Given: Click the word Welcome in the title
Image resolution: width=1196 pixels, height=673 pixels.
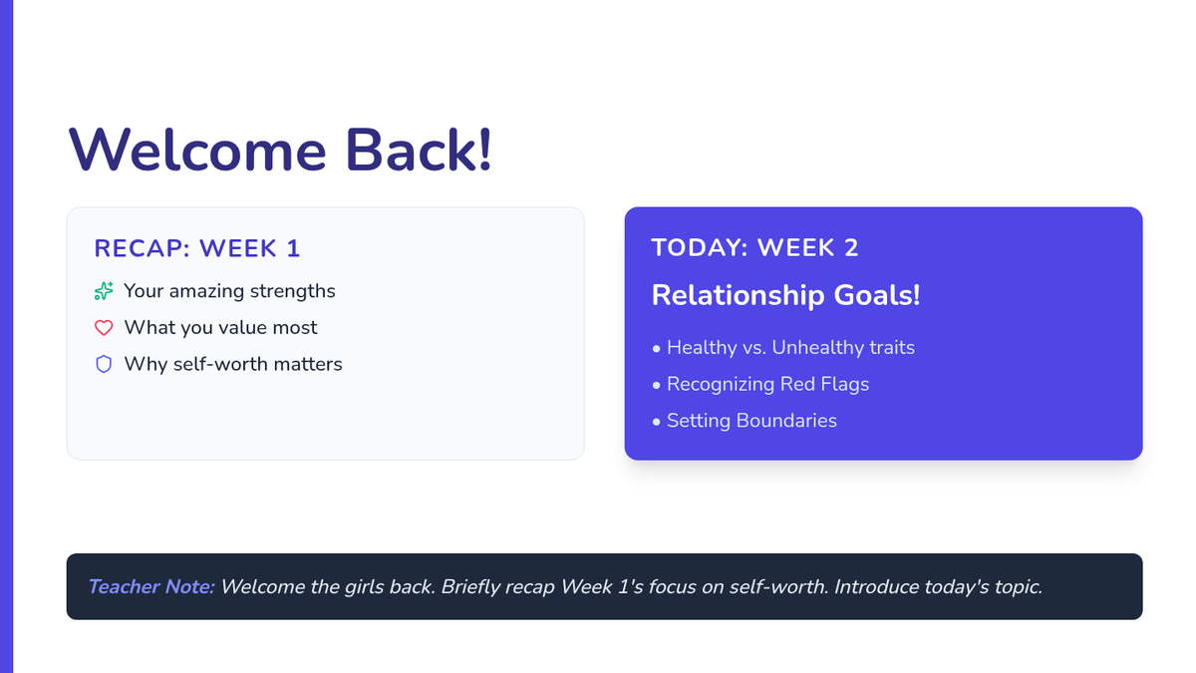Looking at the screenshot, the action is [x=197, y=151].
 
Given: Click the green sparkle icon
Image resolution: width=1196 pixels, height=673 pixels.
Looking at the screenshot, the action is [x=104, y=291].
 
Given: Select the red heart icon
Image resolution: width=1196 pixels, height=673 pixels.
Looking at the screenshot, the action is [x=104, y=327].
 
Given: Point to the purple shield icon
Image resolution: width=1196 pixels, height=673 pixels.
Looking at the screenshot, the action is [x=104, y=364].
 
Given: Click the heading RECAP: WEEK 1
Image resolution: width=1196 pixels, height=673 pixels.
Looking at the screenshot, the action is [x=197, y=248].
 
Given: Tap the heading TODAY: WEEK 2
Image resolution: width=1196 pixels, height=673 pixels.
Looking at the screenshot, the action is [x=754, y=248].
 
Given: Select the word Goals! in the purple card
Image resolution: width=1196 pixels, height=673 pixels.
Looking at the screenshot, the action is [x=877, y=295].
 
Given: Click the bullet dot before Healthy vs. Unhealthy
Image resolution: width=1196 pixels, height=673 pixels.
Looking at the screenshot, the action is [x=656, y=350].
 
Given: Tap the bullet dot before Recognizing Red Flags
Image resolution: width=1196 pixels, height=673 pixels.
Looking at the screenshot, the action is [x=656, y=386].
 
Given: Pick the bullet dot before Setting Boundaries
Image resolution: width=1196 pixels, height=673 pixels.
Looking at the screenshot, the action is [x=656, y=423].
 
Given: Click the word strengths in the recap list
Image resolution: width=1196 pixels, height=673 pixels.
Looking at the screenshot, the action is [x=293, y=291].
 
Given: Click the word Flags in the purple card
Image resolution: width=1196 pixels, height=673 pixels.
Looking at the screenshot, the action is [x=846, y=384].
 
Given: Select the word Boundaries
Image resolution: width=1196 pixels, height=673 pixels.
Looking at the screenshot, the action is [x=786, y=421].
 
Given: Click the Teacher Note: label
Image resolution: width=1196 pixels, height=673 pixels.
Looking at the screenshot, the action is [x=151, y=587].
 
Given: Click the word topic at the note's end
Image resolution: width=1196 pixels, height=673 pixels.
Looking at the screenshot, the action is [x=1018, y=587].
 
